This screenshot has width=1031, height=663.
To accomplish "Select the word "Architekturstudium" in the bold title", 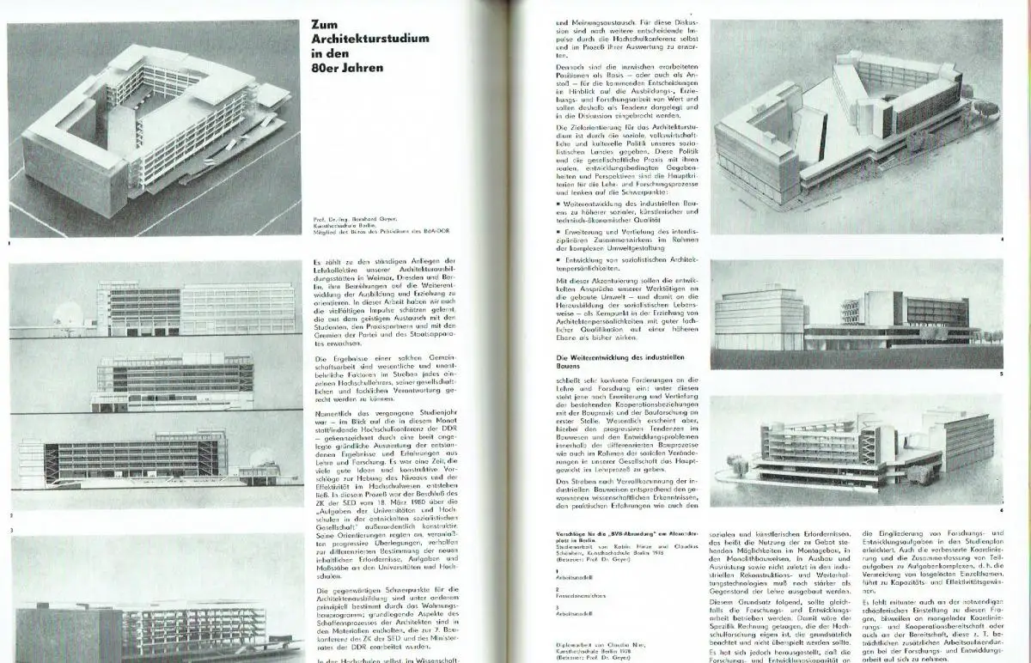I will pos(370,40).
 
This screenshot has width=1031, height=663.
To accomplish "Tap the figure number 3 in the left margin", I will pos(11,531).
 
